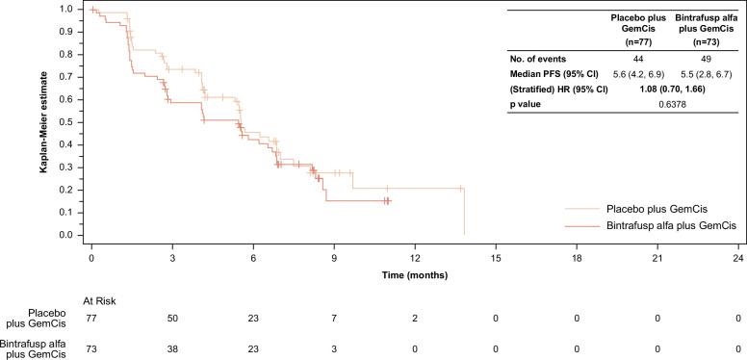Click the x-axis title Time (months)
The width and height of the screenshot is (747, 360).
[414, 274]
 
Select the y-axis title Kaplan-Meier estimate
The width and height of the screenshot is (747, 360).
[43, 122]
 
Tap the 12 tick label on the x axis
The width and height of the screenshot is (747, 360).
[415, 260]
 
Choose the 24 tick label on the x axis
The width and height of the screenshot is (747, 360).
[738, 260]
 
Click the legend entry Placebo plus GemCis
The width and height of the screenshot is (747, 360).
[653, 207]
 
